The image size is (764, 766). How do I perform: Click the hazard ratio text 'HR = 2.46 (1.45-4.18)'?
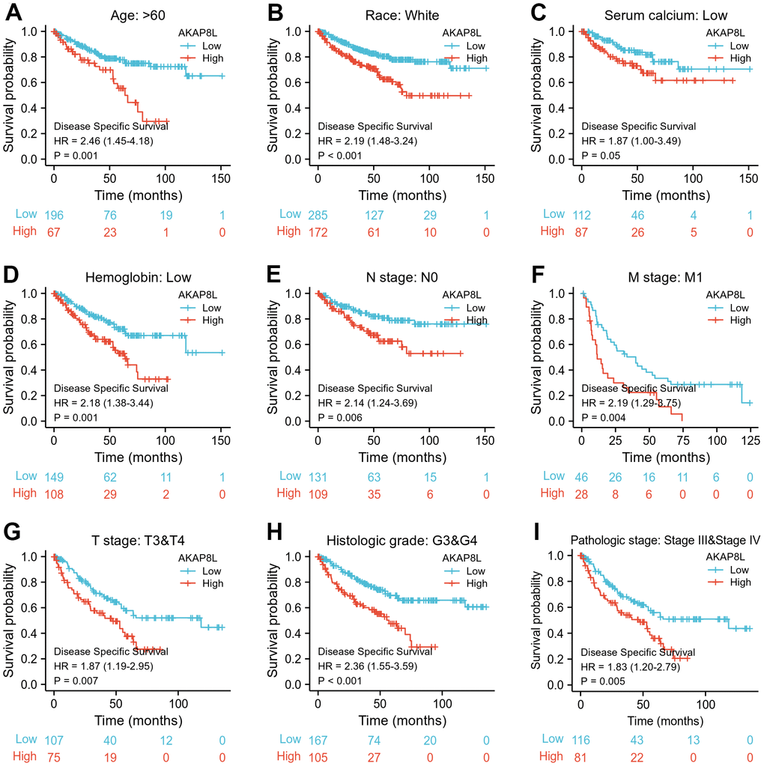point(103,141)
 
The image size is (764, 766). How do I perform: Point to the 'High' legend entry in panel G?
point(211,583)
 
